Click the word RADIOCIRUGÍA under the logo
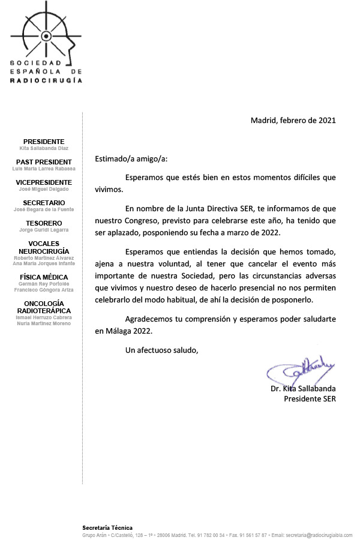click(47, 79)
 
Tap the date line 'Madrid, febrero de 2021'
click(293, 120)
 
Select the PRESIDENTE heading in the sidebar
click(44, 142)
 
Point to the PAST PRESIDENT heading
click(44, 162)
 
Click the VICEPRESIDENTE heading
click(44, 182)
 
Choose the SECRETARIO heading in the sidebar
click(44, 203)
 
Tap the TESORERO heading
click(44, 223)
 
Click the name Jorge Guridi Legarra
click(44, 230)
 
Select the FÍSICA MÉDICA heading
click(44, 277)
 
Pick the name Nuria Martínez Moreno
click(44, 323)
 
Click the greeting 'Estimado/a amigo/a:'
click(131, 159)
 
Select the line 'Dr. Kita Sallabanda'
click(303, 389)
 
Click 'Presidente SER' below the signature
click(310, 398)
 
